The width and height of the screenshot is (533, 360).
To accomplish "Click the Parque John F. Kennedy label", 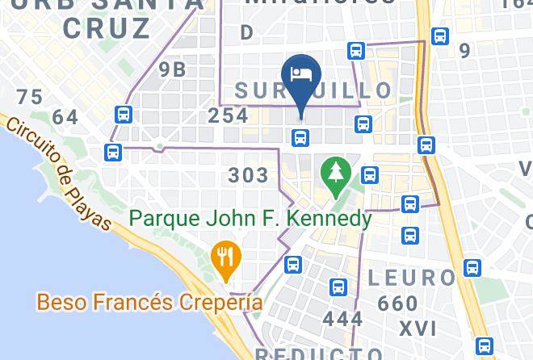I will pyautogui.click(x=250, y=219).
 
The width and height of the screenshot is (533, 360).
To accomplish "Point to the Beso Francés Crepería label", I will pyautogui.click(x=149, y=303).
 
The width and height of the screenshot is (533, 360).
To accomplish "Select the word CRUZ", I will pyautogui.click(x=117, y=28).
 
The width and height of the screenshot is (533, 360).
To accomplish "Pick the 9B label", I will pyautogui.click(x=172, y=69).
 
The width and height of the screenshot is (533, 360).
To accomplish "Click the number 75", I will pyautogui.click(x=29, y=98).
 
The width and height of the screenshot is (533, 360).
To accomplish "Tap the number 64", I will pyautogui.click(x=65, y=118).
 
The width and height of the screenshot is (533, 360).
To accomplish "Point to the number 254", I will pyautogui.click(x=228, y=115).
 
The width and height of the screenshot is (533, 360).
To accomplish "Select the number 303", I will pyautogui.click(x=248, y=175).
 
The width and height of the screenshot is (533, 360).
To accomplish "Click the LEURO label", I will pyautogui.click(x=412, y=278).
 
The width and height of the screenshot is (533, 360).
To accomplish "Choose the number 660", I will pyautogui.click(x=397, y=304).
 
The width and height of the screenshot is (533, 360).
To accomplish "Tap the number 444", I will pyautogui.click(x=342, y=319).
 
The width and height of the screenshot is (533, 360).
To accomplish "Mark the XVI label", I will pyautogui.click(x=418, y=329).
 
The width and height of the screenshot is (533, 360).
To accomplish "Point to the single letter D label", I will pyautogui.click(x=246, y=32).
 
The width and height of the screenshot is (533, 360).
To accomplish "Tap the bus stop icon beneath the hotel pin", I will pyautogui.click(x=300, y=138).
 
